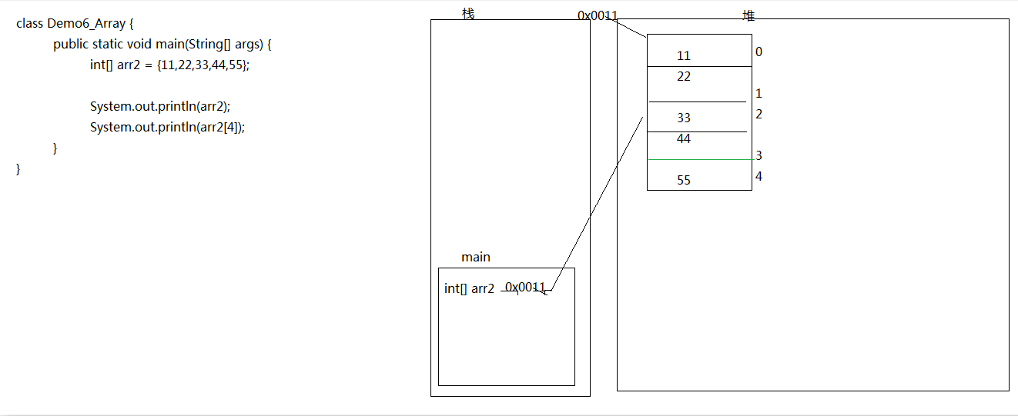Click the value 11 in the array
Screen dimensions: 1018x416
[684, 56]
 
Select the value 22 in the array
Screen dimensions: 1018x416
[684, 76]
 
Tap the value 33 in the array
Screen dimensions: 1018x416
[684, 118]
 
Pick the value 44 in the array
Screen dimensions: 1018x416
[684, 138]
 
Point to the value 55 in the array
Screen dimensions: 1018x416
[684, 180]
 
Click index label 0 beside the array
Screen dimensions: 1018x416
[758, 52]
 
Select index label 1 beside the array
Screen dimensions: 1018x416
[758, 94]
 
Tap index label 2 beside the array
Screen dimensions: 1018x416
[758, 114]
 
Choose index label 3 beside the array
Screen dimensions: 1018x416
[758, 155]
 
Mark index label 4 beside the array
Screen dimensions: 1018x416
[758, 176]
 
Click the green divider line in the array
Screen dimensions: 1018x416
[702, 160]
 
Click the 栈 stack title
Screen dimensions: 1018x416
[468, 14]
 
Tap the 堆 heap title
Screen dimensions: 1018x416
[748, 16]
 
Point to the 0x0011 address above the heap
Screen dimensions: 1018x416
[597, 15]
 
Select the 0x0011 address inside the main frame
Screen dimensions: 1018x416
[525, 287]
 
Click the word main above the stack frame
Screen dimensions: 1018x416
[476, 258]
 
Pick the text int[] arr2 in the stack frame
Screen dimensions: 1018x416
[469, 288]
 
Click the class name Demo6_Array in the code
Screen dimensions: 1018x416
[86, 24]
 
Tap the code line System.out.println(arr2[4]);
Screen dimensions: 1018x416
[167, 127]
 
